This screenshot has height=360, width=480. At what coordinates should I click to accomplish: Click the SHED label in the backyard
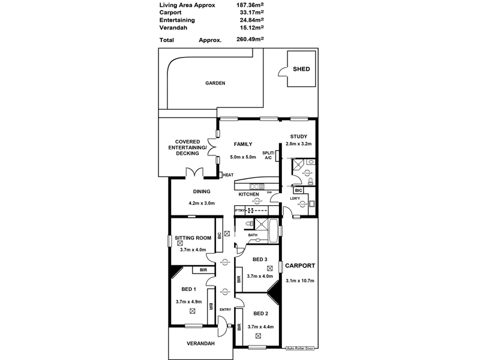pos(301,69)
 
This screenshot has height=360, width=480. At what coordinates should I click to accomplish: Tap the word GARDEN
pos(215,83)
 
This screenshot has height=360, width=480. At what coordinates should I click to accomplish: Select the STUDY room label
pos(299,136)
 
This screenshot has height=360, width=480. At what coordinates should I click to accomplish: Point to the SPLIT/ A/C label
pos(268,155)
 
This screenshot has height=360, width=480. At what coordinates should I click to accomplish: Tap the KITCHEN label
pos(248,194)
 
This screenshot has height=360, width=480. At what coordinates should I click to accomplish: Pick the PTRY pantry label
pos(241,211)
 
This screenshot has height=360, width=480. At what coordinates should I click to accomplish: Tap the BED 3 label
pos(261,259)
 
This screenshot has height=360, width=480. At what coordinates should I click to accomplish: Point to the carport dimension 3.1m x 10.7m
pos(301,281)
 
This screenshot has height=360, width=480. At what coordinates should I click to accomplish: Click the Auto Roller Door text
pos(301,348)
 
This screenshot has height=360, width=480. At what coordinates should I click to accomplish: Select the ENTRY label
pos(225,310)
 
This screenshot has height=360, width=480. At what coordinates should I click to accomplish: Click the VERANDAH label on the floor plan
pos(200,343)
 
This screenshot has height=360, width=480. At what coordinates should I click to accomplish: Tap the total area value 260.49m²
pos(251,40)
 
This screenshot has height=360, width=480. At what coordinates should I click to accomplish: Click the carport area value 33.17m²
pos(253,12)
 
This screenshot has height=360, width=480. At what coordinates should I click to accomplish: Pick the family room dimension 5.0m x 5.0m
pos(243,157)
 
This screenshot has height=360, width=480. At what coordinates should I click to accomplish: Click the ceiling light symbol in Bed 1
pos(192,311)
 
